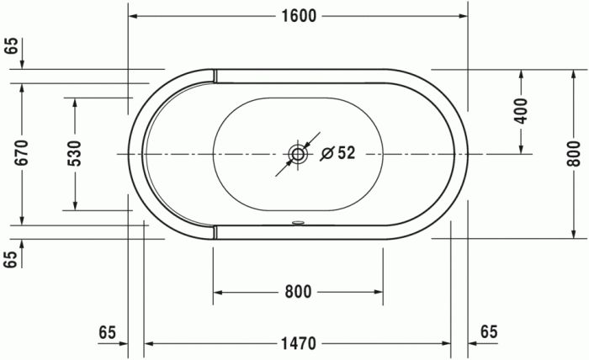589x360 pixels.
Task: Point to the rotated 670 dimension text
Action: (x=23, y=152)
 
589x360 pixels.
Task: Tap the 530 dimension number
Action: (x=75, y=153)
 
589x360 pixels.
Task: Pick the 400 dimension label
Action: (x=521, y=111)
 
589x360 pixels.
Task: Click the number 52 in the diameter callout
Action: (x=346, y=152)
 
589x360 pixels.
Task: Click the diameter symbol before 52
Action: (x=328, y=153)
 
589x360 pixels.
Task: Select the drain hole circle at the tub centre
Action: (x=298, y=154)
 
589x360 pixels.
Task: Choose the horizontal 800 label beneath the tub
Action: (x=297, y=292)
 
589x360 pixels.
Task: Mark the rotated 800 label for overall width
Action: (x=573, y=152)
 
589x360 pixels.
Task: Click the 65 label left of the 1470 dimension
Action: (x=107, y=332)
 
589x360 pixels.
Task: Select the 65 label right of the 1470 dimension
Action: (x=489, y=332)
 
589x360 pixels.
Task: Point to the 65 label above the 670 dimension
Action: (x=11, y=46)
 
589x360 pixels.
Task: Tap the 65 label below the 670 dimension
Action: (x=11, y=259)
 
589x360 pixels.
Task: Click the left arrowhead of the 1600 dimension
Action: (x=135, y=17)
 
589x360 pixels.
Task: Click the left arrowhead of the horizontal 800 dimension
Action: (x=218, y=292)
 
